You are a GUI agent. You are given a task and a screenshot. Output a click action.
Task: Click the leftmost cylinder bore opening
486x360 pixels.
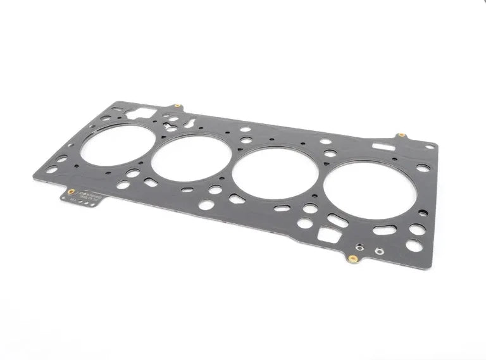[x=117, y=146]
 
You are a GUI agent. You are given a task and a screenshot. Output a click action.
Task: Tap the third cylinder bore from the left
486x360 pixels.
[x=275, y=173]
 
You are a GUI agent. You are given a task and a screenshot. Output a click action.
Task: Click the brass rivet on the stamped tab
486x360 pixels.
[x=71, y=191]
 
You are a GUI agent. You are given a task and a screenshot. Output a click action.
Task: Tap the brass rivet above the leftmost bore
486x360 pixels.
[x=178, y=106]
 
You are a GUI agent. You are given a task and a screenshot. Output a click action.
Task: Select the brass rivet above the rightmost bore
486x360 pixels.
[x=401, y=135]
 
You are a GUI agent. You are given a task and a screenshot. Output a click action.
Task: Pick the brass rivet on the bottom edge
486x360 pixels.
[x=352, y=258]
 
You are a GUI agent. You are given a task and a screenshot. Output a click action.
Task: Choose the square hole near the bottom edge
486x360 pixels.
[x=329, y=236]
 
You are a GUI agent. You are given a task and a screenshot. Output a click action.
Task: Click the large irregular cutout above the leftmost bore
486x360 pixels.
[x=142, y=114]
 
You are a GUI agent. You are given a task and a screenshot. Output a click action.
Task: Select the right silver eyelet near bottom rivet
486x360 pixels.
[x=378, y=251]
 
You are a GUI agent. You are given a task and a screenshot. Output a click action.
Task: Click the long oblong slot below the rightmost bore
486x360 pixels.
[x=384, y=230]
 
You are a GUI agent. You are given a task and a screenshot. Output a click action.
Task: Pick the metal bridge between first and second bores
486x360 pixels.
[x=153, y=152]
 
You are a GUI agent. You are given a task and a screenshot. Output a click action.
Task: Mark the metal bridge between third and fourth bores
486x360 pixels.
[x=321, y=181]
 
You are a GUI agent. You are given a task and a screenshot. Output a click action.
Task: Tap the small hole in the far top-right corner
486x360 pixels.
[x=430, y=147]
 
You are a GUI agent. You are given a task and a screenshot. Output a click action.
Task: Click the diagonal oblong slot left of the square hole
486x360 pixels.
[x=338, y=221]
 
